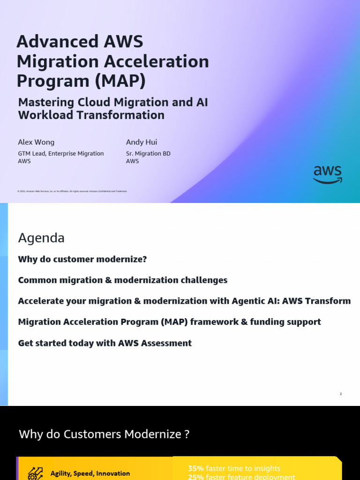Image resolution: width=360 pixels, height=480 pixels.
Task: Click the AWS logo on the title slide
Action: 328,174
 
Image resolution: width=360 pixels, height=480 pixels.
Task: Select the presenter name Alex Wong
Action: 36,142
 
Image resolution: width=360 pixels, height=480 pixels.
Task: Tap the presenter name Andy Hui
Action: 142,142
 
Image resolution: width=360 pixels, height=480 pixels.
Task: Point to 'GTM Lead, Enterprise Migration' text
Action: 61,153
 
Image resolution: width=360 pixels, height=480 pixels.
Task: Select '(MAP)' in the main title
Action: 120,81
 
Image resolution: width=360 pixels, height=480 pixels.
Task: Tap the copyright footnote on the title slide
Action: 72,191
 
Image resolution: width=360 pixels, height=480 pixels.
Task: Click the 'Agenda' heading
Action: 41,238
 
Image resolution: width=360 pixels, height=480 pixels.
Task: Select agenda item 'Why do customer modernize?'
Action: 82,259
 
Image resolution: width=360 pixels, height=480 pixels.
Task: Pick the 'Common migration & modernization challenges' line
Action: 123,280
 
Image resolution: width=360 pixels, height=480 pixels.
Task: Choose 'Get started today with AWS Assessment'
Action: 105,343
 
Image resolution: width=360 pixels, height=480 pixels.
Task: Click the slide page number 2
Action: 341,394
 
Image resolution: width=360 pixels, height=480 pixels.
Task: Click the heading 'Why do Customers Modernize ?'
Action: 104,435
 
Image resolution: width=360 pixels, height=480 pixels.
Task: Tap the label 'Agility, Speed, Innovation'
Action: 90,473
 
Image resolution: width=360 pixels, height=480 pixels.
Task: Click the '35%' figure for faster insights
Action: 196,468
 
